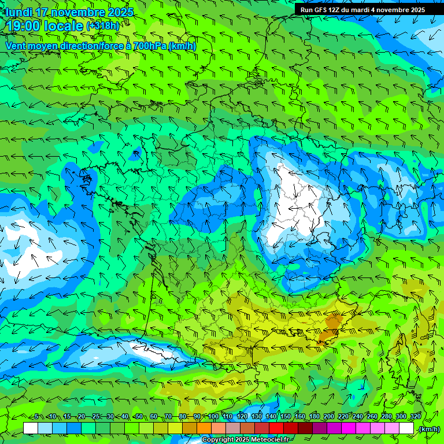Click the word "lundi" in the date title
tap(18, 12)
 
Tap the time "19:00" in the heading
tap(24, 26)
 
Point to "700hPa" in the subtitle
tap(150, 46)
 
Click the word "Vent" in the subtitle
tap(16, 46)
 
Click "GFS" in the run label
tap(321, 10)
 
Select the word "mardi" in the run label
tap(365, 10)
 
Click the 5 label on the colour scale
tap(36, 417)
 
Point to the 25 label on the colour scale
tap(95, 417)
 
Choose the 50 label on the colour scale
tap(139, 417)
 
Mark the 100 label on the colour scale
tap(213, 417)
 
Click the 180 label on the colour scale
tap(314, 417)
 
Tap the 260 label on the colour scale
tap(372, 417)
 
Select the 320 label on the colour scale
tap(416, 417)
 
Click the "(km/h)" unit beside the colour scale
tap(429, 429)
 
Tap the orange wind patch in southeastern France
tap(332, 324)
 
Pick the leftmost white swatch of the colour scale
tap(31, 428)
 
